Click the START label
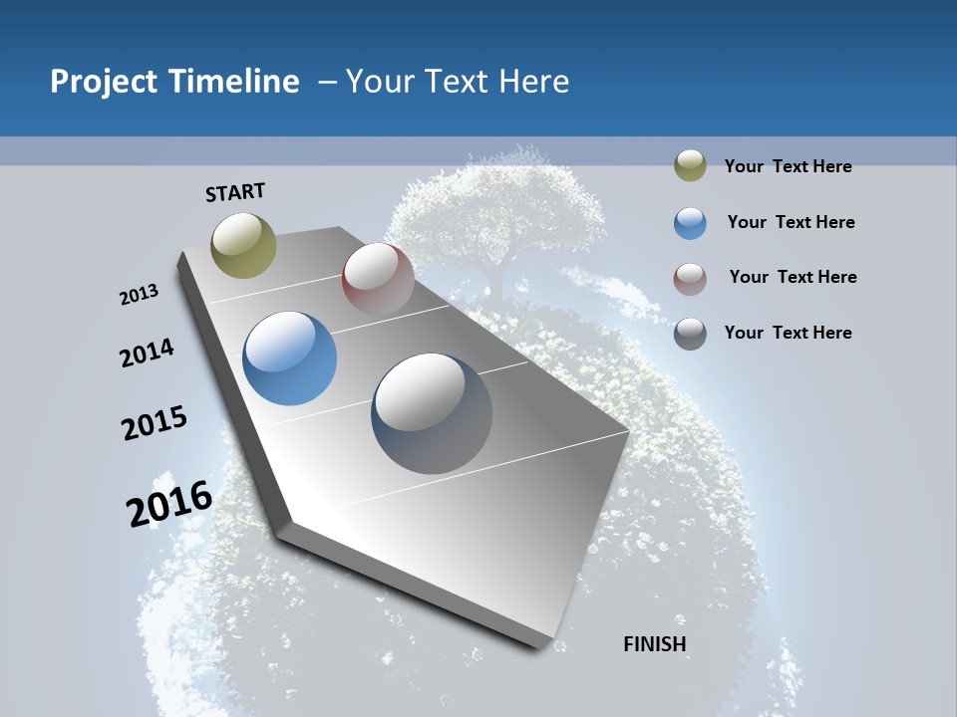point(235,191)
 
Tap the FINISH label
point(655,644)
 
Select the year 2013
point(140,295)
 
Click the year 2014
point(148,353)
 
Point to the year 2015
point(155,423)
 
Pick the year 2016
point(169,503)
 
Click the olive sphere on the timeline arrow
point(243,245)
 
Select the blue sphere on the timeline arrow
point(290,358)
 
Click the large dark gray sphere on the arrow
point(432,413)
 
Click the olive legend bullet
point(690,166)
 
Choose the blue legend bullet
point(690,223)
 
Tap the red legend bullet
point(690,278)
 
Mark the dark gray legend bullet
point(690,334)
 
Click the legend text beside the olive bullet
point(788,166)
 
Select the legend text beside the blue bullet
point(791,222)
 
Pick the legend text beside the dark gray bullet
point(788,333)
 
